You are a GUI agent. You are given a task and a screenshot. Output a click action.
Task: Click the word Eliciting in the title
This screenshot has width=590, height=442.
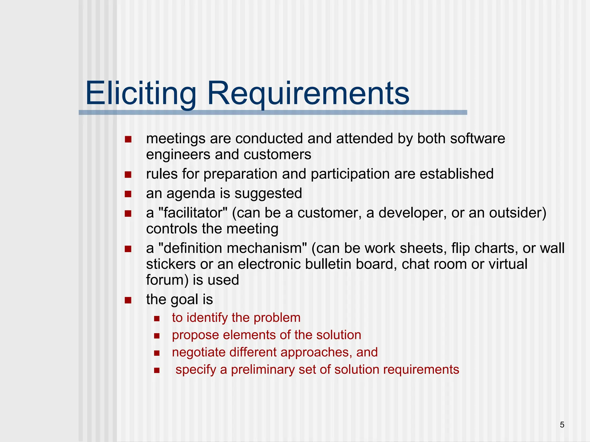[141, 93]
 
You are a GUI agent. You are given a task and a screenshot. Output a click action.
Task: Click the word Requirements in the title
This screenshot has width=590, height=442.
[308, 94]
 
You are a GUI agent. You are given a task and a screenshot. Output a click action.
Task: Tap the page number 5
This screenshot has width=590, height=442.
[562, 425]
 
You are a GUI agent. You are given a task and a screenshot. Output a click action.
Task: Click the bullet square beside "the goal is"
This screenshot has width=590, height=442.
[128, 300]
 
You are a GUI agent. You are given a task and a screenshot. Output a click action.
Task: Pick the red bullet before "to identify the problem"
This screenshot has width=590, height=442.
[157, 319]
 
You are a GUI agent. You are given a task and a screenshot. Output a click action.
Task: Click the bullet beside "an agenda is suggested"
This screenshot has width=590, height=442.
[128, 194]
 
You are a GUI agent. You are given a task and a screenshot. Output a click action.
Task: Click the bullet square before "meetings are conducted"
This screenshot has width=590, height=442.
[128, 140]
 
